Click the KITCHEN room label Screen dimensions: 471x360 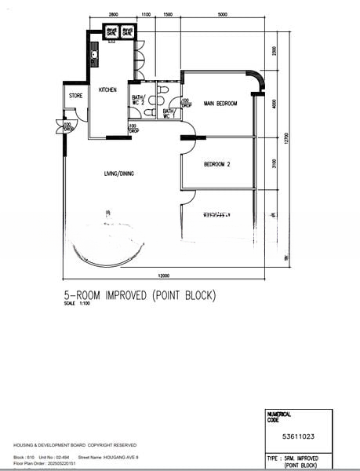(107, 90)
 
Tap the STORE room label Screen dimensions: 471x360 (75, 96)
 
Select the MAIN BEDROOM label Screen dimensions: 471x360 (220, 104)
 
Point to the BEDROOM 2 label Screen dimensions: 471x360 (216, 164)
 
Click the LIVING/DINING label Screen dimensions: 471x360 (119, 173)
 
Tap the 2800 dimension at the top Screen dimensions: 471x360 (113, 15)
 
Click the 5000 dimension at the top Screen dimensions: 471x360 (223, 15)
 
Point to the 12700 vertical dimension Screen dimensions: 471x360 (287, 139)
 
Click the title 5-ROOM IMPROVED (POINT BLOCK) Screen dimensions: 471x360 (140, 296)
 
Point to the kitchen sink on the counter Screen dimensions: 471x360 (93, 57)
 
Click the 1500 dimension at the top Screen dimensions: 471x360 (168, 15)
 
